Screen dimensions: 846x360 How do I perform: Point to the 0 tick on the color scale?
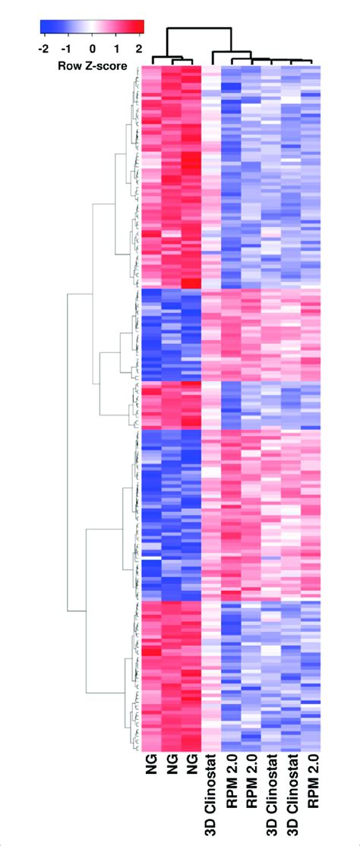pyautogui.click(x=93, y=48)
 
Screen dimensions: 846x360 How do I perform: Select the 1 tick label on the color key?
pyautogui.click(x=117, y=48)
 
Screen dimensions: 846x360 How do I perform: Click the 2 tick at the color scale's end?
pyautogui.click(x=140, y=48)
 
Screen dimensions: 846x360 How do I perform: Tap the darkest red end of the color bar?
pyautogui.click(x=141, y=29)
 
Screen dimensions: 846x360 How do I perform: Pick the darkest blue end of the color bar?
pyautogui.click(x=43, y=29)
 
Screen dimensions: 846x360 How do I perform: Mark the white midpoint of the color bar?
pyautogui.click(x=92, y=29)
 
